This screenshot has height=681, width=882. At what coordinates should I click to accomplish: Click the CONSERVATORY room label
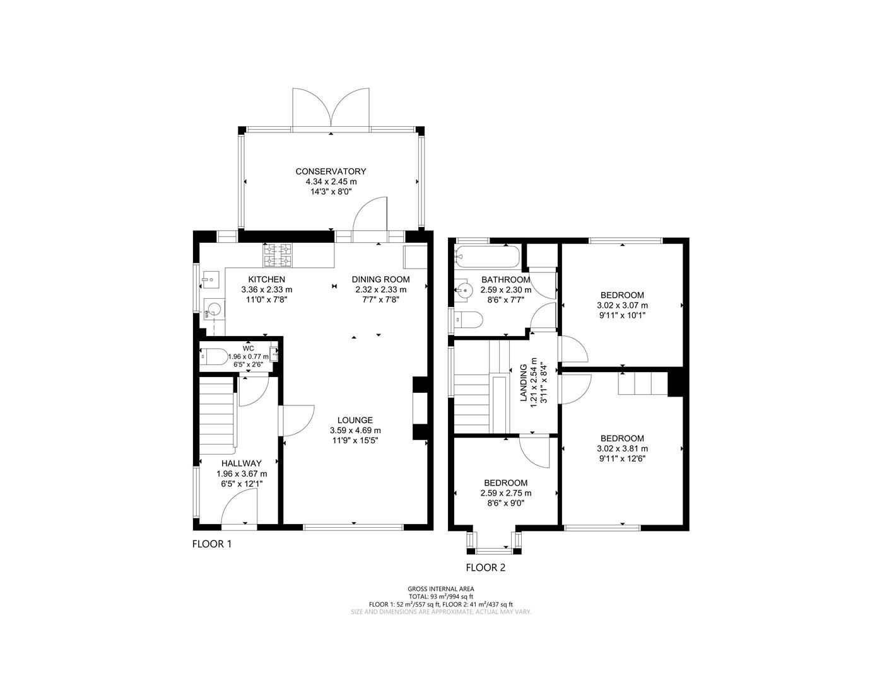[x=331, y=172]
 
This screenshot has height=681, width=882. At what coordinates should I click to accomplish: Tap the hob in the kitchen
[x=278, y=255]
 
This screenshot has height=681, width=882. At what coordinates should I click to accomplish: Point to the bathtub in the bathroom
[x=486, y=256]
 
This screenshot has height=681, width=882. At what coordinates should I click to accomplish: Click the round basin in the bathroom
[x=465, y=290]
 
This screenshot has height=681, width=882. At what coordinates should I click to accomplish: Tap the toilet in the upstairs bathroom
[x=469, y=320]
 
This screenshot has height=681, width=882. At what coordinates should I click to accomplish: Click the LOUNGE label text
[x=355, y=420]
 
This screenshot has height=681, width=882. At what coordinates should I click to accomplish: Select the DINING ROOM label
[x=380, y=279]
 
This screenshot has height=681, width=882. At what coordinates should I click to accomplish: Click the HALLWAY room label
[x=241, y=463]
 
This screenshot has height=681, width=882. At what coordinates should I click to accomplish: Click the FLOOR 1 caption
[x=212, y=544]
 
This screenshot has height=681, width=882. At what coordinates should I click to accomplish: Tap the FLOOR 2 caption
[x=485, y=567]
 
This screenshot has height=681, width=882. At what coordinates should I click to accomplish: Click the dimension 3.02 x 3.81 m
[x=622, y=449]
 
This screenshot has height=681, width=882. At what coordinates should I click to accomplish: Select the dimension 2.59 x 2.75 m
[x=505, y=493]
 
